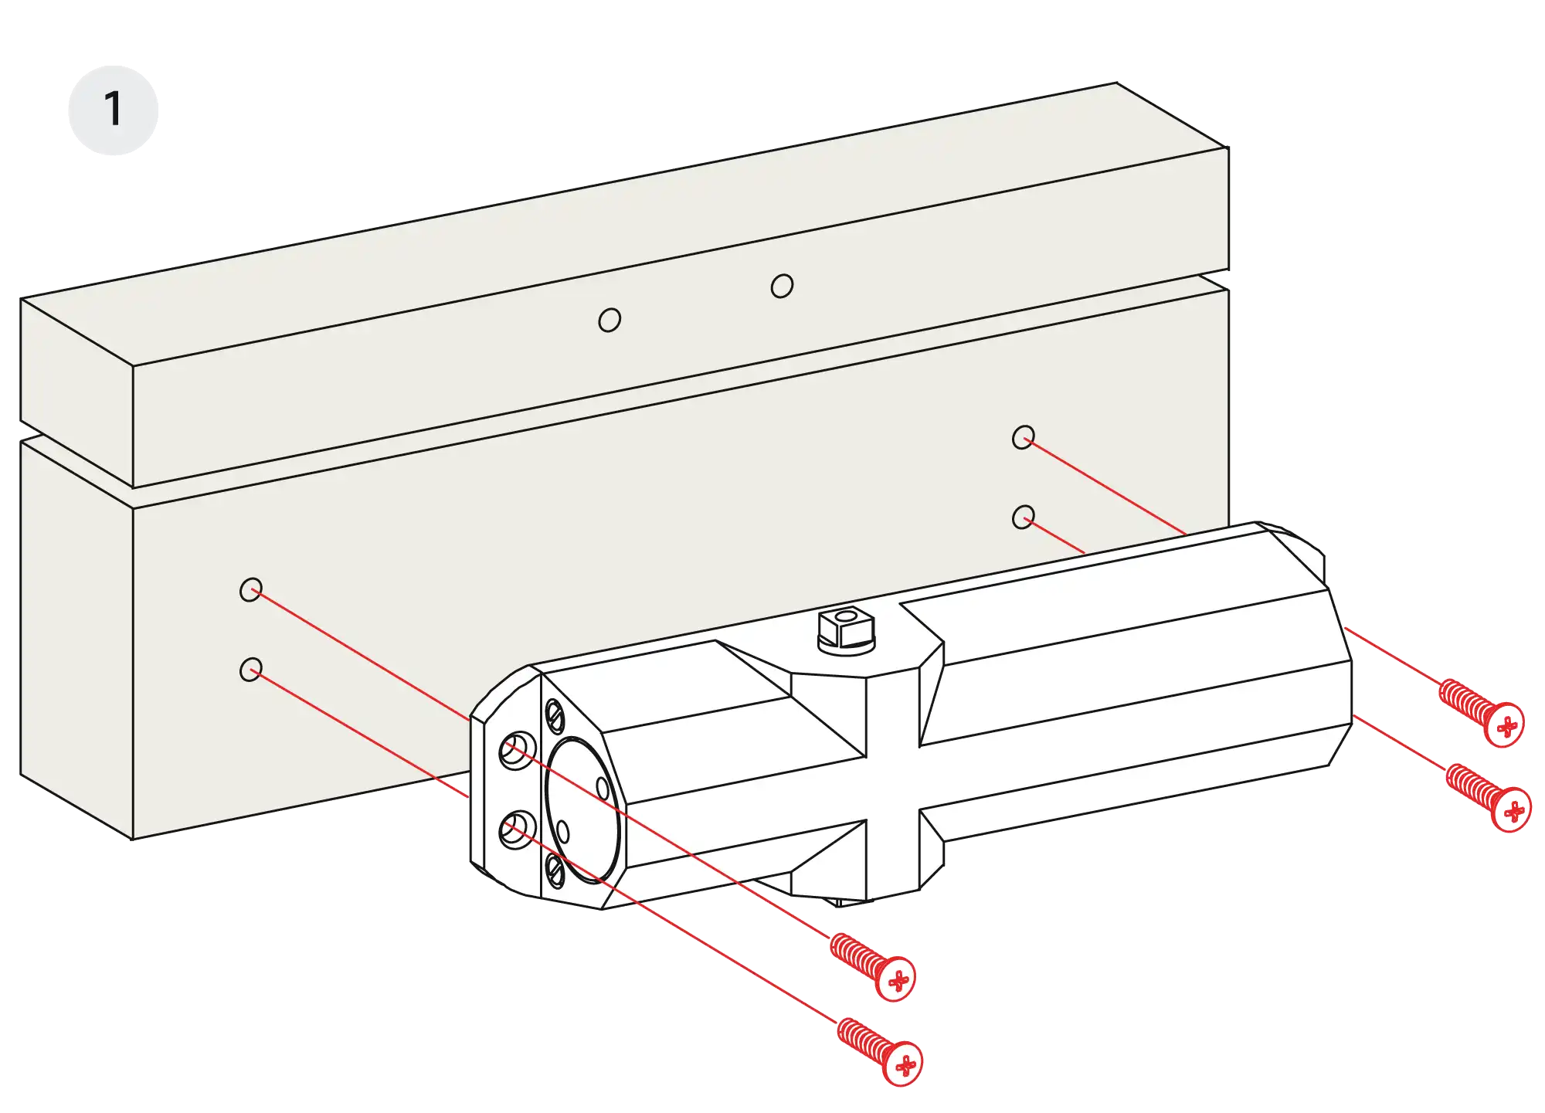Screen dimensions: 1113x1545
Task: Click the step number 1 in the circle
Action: coord(114,109)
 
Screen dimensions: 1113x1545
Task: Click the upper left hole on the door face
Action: coord(250,591)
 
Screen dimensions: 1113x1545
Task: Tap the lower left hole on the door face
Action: coord(250,669)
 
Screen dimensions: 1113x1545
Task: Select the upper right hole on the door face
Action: coord(1024,438)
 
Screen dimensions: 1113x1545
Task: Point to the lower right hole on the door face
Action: coord(1024,517)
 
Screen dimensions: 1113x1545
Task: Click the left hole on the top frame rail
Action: coord(610,320)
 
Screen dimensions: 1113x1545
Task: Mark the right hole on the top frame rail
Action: coord(782,287)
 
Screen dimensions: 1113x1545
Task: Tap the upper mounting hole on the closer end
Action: coord(517,750)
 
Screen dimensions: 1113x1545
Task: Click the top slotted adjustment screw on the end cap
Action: coord(555,716)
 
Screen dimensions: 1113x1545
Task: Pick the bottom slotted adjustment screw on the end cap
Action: coord(555,870)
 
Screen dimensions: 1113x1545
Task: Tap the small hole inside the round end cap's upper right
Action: coord(603,789)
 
